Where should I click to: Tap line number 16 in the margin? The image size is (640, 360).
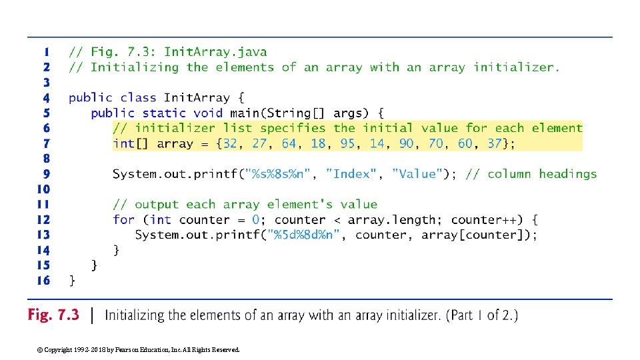click(x=43, y=281)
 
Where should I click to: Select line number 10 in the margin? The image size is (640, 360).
click(x=43, y=189)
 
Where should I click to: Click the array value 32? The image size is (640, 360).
click(x=230, y=143)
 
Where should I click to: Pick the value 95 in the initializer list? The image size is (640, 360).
click(x=347, y=143)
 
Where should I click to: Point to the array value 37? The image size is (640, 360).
click(x=494, y=143)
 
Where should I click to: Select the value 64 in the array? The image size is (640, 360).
click(x=289, y=143)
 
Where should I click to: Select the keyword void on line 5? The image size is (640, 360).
click(x=208, y=113)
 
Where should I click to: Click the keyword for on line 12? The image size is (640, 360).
click(x=123, y=219)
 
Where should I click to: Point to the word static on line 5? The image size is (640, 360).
click(x=164, y=113)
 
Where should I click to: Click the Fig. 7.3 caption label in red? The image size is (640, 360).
click(x=53, y=315)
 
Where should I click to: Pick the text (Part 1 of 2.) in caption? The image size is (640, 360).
click(x=484, y=315)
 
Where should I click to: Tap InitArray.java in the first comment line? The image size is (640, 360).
click(x=215, y=51)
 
